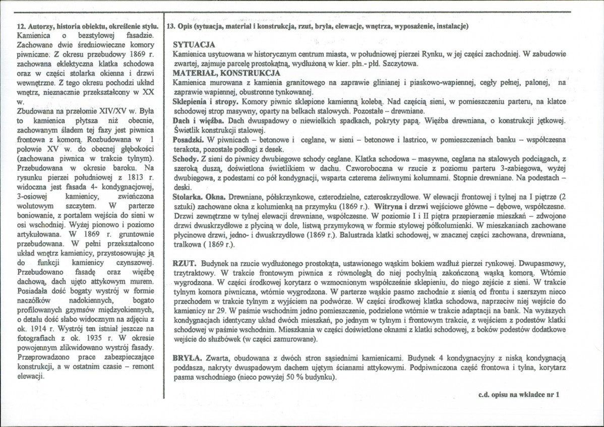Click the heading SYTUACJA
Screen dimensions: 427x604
(x=194, y=45)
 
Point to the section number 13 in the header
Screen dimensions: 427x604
(x=170, y=26)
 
